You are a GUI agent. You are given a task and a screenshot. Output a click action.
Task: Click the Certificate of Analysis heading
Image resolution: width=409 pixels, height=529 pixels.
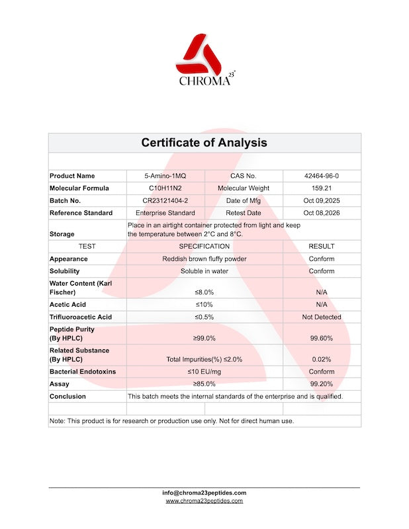point(204,143)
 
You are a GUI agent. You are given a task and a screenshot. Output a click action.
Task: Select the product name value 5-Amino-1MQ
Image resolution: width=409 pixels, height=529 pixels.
point(165,176)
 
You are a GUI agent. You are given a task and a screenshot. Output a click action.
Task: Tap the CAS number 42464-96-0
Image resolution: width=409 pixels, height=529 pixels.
point(322,176)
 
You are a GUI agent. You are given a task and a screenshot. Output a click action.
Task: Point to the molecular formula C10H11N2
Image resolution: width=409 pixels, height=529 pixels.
point(165,188)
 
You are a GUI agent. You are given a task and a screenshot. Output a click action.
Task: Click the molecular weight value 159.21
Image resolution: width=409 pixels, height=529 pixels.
point(322,188)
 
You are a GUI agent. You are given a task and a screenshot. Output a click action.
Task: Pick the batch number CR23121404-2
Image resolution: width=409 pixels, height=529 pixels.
point(165,200)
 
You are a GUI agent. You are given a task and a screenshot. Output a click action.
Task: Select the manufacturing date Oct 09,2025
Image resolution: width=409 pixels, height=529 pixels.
point(322,200)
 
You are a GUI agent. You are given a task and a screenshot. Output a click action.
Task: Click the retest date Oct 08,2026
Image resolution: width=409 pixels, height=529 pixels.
point(322,213)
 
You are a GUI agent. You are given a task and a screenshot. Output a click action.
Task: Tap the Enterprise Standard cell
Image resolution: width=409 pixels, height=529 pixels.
point(165,213)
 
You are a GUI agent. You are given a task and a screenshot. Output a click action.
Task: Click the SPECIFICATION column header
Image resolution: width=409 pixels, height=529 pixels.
point(204,246)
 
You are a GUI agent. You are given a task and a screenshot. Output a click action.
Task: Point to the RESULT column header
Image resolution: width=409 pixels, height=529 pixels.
point(322,246)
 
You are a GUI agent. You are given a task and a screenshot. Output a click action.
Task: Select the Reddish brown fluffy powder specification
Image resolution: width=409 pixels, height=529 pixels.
point(204,259)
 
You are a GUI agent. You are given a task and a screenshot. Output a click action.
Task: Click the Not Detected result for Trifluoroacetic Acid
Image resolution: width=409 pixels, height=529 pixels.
point(322,317)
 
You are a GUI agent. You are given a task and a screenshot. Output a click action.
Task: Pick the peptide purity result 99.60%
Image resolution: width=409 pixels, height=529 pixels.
point(322,338)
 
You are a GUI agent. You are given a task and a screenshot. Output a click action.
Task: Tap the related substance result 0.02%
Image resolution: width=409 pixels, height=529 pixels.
point(322,359)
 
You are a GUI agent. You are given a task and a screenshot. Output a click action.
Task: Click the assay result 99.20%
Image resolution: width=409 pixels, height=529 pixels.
point(322,384)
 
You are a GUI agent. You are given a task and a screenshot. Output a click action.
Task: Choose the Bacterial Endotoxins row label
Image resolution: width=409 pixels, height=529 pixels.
point(83,372)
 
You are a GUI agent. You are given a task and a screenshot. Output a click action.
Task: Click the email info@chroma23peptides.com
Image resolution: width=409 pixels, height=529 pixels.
point(204,493)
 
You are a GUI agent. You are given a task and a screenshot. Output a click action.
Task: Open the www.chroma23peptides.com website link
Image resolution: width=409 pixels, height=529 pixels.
point(204,501)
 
